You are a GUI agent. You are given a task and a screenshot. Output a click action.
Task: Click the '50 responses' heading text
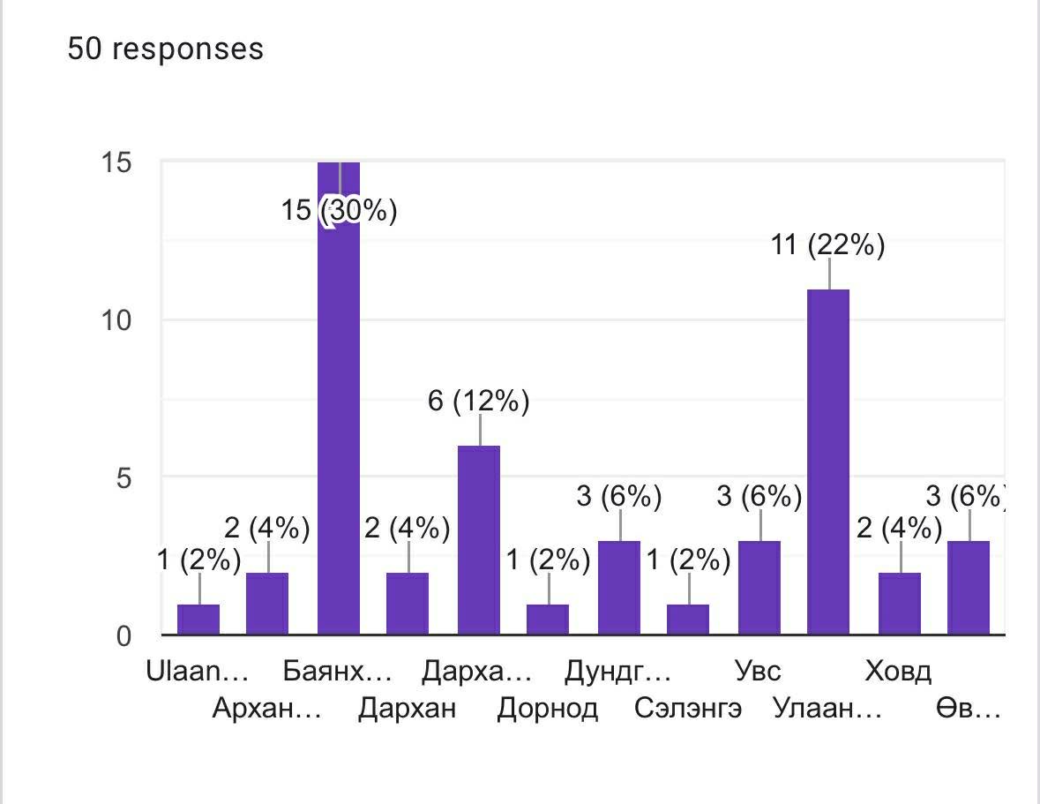pyautogui.click(x=166, y=49)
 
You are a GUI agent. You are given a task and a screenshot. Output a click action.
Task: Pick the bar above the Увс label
pyautogui.click(x=759, y=587)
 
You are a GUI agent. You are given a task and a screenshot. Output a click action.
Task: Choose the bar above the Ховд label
pyautogui.click(x=899, y=603)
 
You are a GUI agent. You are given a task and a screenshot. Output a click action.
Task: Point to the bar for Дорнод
pyautogui.click(x=548, y=619)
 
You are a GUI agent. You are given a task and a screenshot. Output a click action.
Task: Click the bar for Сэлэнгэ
pyautogui.click(x=688, y=619)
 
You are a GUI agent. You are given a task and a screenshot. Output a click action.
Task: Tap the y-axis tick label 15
pyautogui.click(x=116, y=162)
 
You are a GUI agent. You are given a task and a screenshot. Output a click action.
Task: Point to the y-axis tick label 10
pyautogui.click(x=116, y=320)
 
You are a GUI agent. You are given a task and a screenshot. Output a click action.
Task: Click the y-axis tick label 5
pyautogui.click(x=123, y=477)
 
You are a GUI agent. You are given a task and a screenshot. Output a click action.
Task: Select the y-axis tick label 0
pyautogui.click(x=123, y=635)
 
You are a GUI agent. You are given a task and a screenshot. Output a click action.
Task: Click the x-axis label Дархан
pyautogui.click(x=408, y=709)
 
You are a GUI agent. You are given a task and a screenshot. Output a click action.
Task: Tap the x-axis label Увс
pyautogui.click(x=759, y=672)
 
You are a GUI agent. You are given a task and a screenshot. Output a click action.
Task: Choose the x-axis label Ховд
pyautogui.click(x=898, y=672)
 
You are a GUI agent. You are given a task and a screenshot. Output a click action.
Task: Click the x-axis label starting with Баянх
pyautogui.click(x=338, y=672)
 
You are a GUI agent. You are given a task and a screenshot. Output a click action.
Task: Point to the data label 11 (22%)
pyautogui.click(x=828, y=244)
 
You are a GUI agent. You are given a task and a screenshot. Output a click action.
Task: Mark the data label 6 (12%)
pyautogui.click(x=478, y=402)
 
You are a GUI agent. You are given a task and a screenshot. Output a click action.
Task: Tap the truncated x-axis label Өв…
pyautogui.click(x=969, y=709)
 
